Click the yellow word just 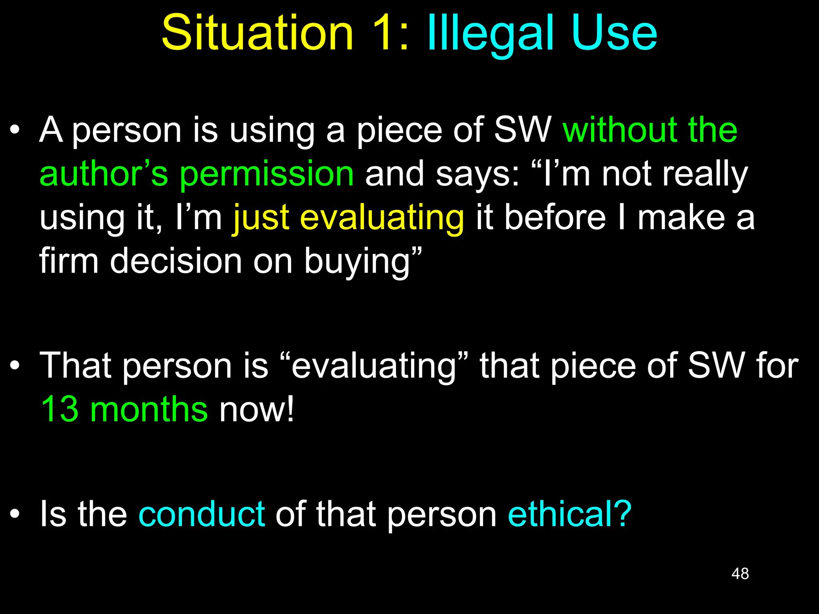click(x=261, y=218)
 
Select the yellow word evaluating click(x=382, y=218)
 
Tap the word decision click(x=176, y=261)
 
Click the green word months click(x=149, y=409)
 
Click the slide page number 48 click(x=740, y=574)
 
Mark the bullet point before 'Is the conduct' click(x=15, y=514)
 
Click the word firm click(x=69, y=261)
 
